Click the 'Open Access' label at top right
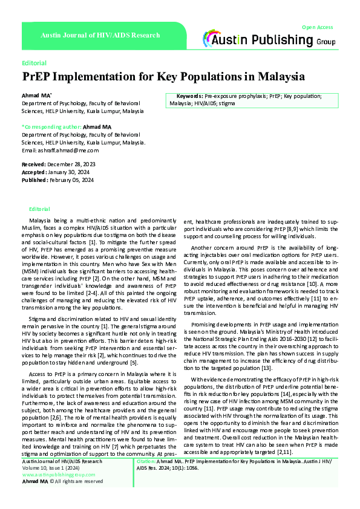[317, 28]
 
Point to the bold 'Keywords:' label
[189, 96]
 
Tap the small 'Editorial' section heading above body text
[39, 209]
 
